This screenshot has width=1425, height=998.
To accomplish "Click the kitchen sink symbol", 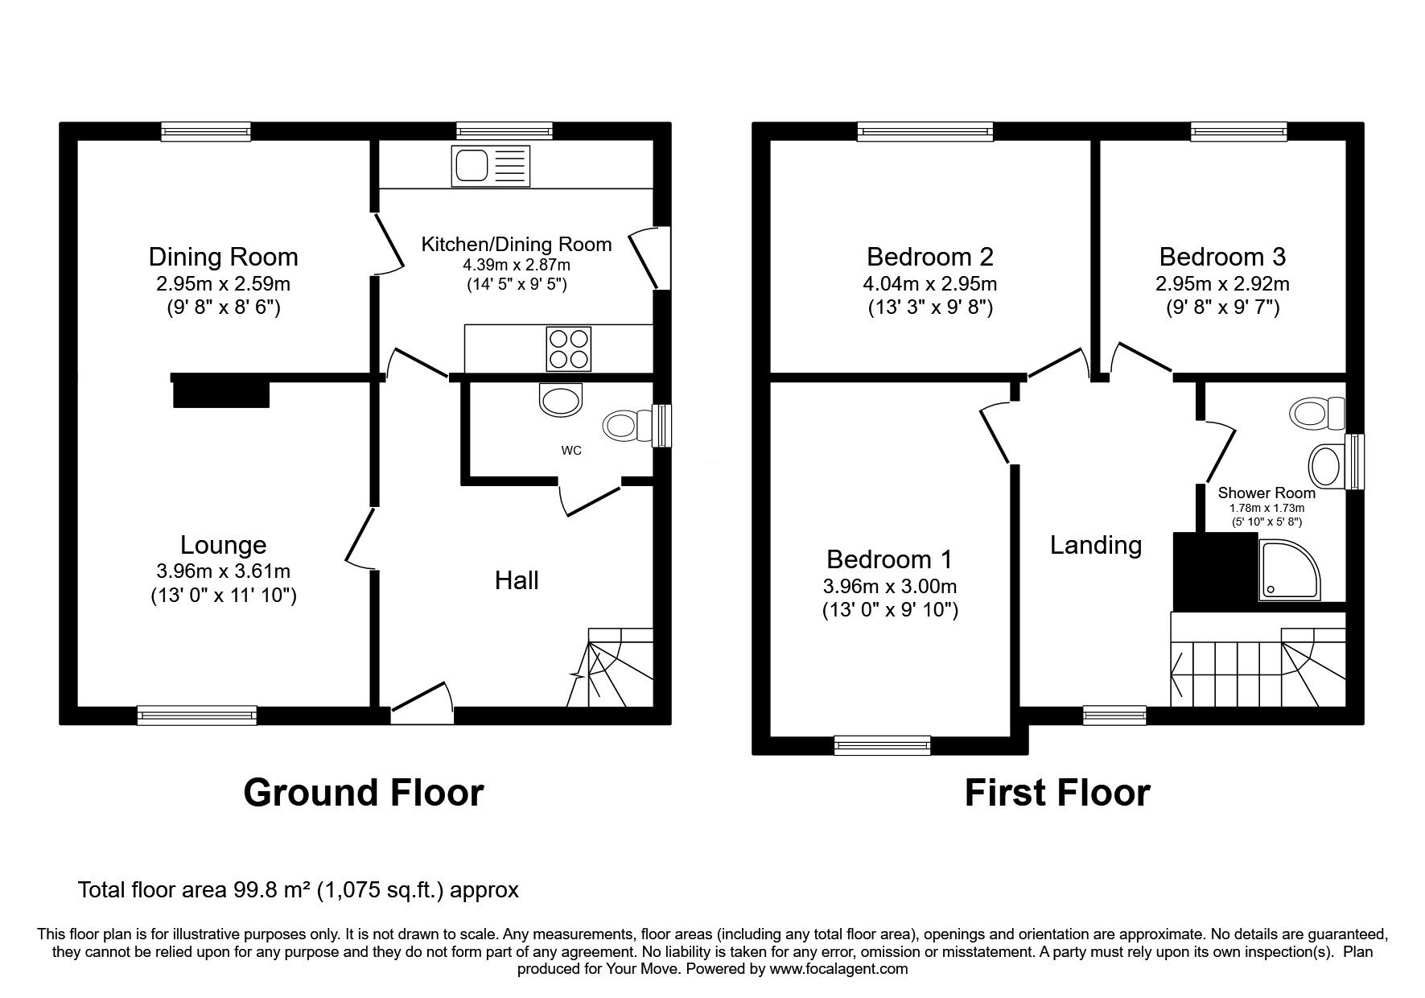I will (x=491, y=166).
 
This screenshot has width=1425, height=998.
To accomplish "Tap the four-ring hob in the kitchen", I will (x=568, y=348).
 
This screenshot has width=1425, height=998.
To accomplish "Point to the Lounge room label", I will (x=223, y=545).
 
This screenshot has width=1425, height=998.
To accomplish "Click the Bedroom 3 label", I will (x=1221, y=257).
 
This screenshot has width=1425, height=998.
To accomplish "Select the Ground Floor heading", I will (x=363, y=792).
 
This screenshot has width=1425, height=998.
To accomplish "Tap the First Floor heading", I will (x=1056, y=792).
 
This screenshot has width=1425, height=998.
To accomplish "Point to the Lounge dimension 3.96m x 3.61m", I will (x=223, y=571).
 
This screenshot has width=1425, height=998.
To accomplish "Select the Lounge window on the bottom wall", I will (x=197, y=715).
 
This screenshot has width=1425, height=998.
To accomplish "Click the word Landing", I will (x=1095, y=545).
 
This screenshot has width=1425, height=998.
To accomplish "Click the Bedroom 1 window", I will (x=883, y=745).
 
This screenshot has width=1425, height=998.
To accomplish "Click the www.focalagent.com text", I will (x=838, y=969).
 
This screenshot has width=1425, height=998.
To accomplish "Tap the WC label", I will (x=570, y=451).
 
